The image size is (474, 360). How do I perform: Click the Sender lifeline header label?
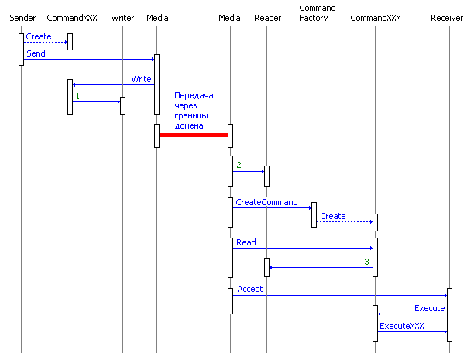coord(22,18)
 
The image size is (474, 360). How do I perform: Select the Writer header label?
coord(122,18)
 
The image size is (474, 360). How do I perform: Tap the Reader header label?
coord(267,18)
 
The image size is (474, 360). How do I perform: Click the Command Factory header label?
coord(317,13)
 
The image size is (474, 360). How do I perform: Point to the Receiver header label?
coord(447,18)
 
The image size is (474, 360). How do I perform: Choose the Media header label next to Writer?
coord(157,18)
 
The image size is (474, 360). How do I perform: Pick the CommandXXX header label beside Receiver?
coord(376,18)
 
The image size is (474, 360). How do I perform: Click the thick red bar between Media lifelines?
coord(194,135)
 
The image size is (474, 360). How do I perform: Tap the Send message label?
coord(36,53)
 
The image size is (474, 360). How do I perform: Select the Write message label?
coord(141,79)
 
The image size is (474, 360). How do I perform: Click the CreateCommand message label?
coord(266,202)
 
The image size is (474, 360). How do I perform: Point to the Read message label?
coord(246,242)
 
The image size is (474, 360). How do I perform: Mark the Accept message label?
coord(249,289)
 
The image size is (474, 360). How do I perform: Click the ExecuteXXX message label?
coord(401,326)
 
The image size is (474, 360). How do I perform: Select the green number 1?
coord(77,96)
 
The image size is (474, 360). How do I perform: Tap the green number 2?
coord(239,166)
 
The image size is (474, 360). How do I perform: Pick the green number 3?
coord(366,262)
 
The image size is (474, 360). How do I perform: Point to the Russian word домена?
coord(189,125)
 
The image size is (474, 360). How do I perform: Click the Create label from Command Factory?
coord(333,216)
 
